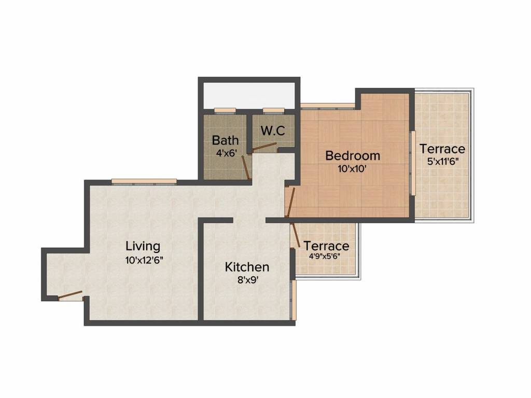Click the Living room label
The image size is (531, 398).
pos(143,246)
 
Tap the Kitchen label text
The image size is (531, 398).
pos(247,267)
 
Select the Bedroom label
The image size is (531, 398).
pos(353,155)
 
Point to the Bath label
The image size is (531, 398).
pos(226,140)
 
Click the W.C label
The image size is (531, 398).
pos(273,131)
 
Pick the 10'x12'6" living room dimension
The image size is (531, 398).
pos(144,261)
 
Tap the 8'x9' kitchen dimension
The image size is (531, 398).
pos(247,282)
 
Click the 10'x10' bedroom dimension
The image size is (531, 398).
pos(353,168)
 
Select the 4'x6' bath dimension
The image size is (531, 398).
pos(226,153)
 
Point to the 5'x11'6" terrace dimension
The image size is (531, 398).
pos(442,161)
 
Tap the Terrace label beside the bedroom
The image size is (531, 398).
pos(442,149)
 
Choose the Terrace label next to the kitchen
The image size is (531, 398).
pos(326,246)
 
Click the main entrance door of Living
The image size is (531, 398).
pos(71,296)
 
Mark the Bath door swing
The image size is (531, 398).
pos(246,165)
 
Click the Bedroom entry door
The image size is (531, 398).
pos(291,203)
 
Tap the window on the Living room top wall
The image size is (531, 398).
pos(144,181)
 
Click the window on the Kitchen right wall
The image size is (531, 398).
pos(294,301)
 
